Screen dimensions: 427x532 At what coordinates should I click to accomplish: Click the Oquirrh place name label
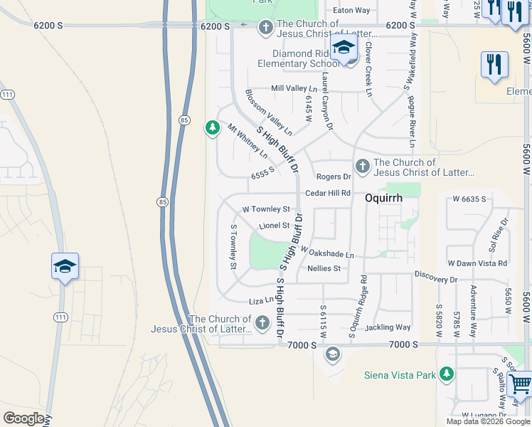384,199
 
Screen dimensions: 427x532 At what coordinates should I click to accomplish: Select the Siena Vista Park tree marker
446,374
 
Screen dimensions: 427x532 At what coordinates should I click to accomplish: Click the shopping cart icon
520,384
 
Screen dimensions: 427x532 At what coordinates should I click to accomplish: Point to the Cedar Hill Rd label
328,193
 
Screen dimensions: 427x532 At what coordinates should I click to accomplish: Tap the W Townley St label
266,209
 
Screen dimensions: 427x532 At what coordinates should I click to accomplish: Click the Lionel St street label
275,226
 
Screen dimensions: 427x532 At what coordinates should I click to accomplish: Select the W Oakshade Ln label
327,253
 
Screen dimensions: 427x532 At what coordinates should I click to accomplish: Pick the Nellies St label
324,268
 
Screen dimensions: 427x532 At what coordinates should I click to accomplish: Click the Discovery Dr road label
437,280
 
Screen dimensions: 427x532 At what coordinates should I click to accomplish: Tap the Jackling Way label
388,327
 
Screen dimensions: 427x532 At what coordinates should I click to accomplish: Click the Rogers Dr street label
334,176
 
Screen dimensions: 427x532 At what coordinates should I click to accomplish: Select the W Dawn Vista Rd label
477,263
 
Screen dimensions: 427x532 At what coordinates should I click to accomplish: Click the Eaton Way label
352,11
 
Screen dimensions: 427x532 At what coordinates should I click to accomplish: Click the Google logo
23,418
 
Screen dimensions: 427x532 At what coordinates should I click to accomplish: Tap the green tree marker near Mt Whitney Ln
212,128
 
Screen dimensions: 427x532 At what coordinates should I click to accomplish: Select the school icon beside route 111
65,267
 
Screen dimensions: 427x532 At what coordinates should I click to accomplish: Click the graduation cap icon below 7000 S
332,354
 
